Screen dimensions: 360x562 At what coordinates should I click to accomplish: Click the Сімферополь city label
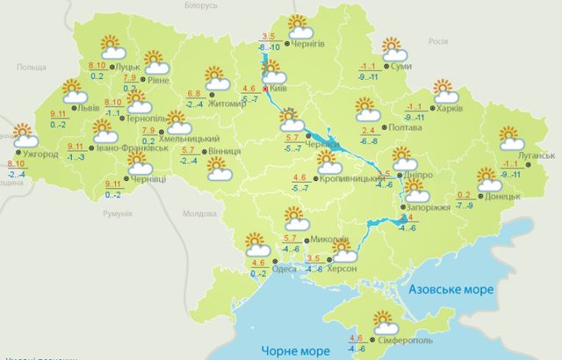408,339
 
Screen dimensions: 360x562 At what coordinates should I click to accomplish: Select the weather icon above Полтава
365,110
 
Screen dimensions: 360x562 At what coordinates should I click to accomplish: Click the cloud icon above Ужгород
23,136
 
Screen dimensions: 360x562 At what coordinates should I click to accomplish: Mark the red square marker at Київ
265,88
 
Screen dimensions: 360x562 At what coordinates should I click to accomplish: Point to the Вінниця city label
227,151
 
